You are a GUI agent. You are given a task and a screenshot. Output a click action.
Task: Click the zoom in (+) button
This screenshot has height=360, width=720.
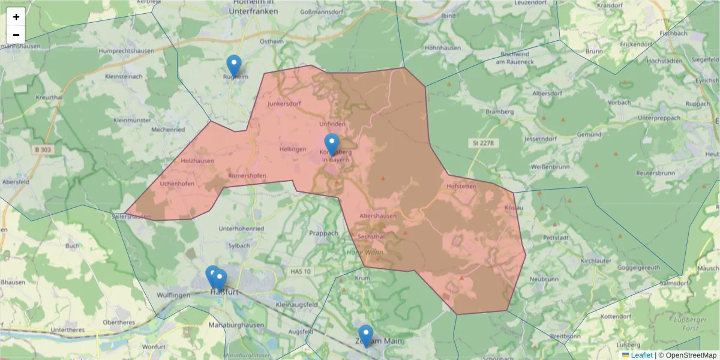16,17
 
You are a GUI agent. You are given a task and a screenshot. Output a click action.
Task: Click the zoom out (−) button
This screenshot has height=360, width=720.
16,35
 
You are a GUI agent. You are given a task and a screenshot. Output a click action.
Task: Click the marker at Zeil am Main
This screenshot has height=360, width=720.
365,336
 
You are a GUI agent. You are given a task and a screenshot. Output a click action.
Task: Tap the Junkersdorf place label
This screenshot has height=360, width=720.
284,103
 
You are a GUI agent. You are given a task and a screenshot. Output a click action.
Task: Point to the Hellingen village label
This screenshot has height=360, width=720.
293,148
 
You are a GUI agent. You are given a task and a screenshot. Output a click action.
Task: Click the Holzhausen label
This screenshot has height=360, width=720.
197,161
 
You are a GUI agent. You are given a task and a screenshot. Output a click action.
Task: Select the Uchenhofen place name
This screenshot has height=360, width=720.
177,184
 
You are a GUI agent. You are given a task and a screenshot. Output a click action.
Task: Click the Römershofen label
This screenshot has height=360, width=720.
247,176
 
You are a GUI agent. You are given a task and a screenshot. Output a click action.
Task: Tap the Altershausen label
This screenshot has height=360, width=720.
378,215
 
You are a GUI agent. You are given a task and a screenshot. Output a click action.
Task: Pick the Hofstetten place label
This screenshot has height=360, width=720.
461,187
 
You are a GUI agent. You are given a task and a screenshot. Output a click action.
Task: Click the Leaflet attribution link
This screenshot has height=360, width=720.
641,355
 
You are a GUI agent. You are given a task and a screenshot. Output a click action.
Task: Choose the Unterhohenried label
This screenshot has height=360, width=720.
241,229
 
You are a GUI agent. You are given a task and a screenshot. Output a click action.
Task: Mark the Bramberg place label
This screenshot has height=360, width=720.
499,112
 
